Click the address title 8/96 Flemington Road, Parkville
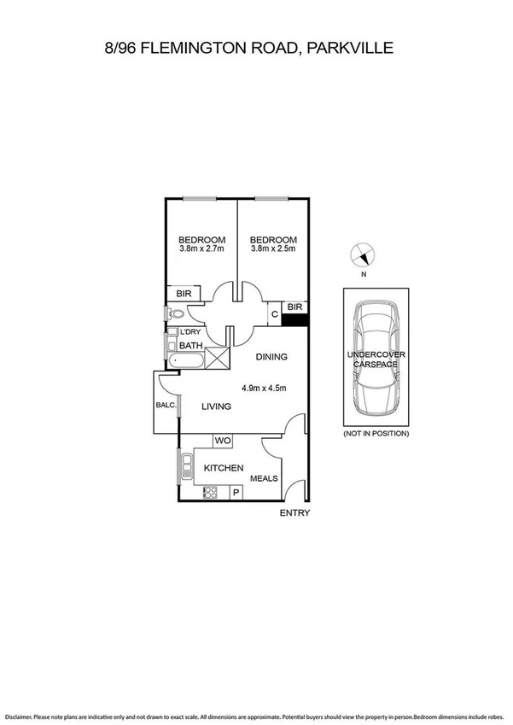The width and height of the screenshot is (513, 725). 248,49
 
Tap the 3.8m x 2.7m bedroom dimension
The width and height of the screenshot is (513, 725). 201,249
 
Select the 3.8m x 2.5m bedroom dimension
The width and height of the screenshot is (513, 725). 273,249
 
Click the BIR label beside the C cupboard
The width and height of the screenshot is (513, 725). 294,307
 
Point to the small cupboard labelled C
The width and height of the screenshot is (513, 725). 274,315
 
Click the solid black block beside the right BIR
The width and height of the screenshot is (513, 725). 295,319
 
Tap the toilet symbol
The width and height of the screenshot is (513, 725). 172,314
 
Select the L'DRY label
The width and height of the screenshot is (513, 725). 189,331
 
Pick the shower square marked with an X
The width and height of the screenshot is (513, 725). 217,358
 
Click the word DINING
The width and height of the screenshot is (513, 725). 271,357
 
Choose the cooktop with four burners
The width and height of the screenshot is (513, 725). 209,491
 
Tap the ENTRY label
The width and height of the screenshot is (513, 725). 295,513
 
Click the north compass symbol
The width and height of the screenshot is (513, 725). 364,255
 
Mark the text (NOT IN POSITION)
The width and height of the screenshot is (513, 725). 376,434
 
